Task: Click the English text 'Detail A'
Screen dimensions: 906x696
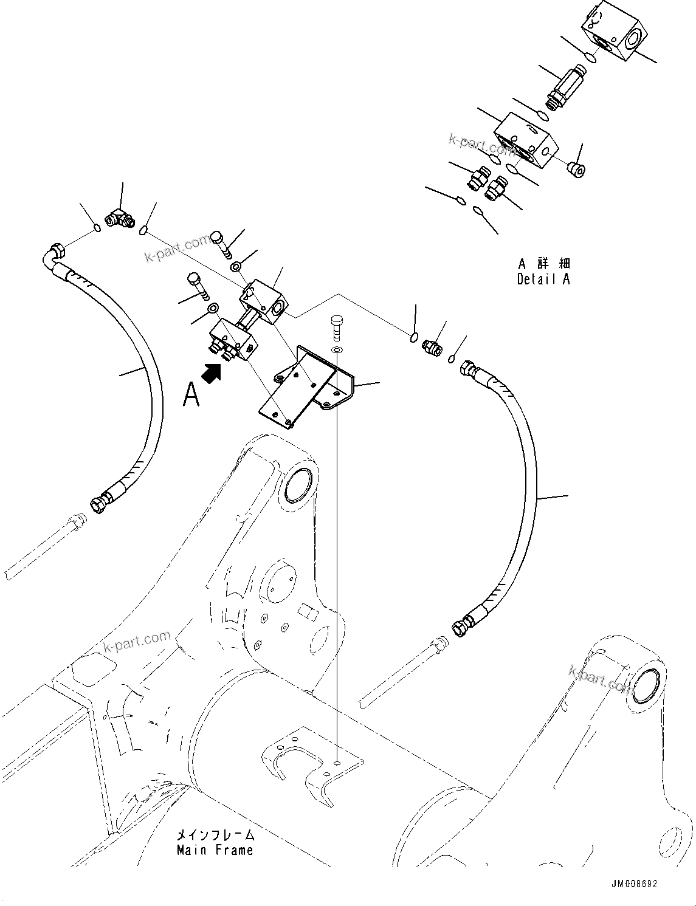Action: (x=543, y=280)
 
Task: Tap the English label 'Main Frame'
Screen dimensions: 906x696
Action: (x=215, y=850)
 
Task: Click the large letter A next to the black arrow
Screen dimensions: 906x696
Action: (x=191, y=394)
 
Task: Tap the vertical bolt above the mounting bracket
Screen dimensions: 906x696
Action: (x=337, y=329)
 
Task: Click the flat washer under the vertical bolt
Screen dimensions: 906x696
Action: (x=337, y=351)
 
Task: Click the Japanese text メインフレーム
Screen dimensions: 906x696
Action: (x=215, y=835)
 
